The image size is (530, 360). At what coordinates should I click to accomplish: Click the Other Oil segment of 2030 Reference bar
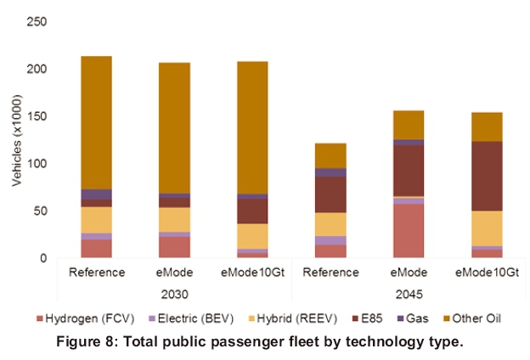(x=96, y=122)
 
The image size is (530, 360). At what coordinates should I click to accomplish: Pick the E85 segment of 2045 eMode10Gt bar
(x=487, y=176)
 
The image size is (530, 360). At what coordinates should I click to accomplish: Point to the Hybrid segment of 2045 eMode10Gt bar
(x=487, y=228)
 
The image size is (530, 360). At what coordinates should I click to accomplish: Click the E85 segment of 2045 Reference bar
(x=330, y=194)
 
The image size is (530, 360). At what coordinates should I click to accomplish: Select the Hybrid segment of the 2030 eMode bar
(x=174, y=219)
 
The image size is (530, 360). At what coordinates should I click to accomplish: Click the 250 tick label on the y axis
(x=36, y=21)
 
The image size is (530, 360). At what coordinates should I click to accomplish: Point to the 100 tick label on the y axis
(x=36, y=163)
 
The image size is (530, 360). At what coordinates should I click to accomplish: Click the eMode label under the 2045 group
(x=409, y=273)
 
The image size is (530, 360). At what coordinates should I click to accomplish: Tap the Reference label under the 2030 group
(x=96, y=273)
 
